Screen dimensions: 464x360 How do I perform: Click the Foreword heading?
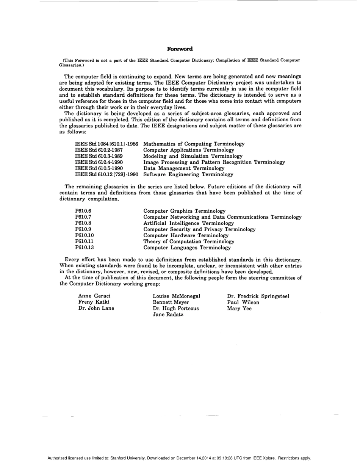pos(180,49)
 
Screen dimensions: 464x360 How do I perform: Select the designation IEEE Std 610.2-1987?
pos(99,150)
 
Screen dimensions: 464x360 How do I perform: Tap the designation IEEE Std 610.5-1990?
pos(99,168)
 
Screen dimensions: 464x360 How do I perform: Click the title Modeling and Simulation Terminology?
pos(193,156)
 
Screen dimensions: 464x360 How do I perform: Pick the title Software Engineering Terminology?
pos(188,174)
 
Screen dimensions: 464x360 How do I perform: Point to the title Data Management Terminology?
pos(184,168)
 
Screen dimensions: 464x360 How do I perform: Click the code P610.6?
pos(83,211)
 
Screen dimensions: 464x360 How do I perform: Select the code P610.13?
pos(85,248)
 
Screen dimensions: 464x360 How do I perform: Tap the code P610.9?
pos(83,229)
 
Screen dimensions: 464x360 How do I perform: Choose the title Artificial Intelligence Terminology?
pos(188,223)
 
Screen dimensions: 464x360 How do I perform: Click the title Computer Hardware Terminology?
pos(186,235)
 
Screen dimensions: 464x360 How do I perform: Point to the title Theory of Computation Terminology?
pos(189,241)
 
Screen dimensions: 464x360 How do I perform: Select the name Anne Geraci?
pos(94,296)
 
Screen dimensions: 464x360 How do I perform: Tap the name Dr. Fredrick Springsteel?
pos(258,296)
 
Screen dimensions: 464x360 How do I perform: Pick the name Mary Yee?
pos(239,309)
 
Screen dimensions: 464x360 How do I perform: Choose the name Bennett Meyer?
pos(171,303)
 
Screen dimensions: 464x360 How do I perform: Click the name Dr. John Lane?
pos(96,309)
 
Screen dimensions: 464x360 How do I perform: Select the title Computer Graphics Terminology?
pos(184,211)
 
